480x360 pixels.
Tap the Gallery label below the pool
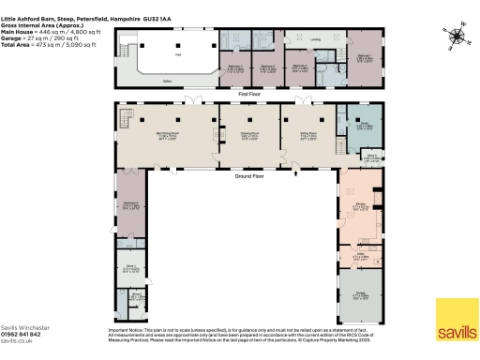[166, 82]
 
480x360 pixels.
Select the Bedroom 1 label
[363, 56]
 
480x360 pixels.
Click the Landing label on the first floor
[316, 39]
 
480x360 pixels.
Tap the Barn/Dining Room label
[169, 134]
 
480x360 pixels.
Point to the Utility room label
[360, 253]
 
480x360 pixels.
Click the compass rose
[456, 37]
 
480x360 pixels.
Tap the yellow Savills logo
[456, 311]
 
